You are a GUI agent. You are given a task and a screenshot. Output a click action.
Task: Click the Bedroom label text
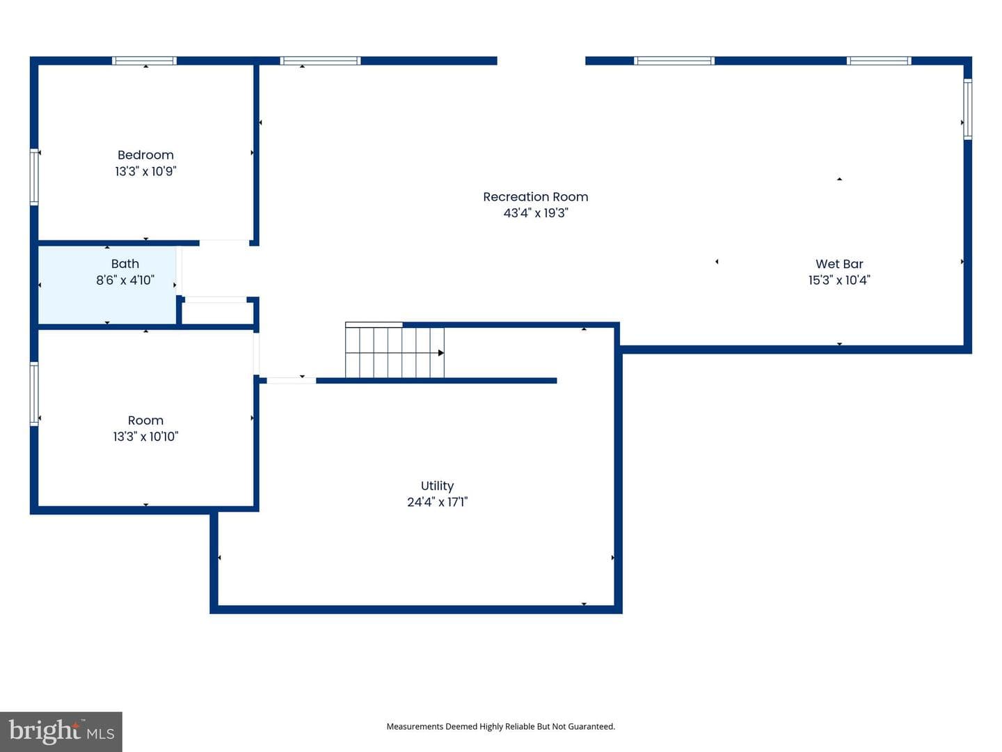145,155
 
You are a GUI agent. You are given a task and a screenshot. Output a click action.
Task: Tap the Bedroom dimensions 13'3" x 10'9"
145,171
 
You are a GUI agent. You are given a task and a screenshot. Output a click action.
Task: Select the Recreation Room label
536,197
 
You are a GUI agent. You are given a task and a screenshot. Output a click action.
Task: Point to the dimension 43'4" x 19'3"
536,213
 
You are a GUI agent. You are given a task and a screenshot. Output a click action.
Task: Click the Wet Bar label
839,264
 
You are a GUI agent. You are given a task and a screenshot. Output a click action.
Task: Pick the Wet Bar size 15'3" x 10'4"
839,280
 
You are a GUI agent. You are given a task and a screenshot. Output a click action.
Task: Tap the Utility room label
437,486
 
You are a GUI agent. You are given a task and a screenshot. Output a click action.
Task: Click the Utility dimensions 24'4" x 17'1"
437,502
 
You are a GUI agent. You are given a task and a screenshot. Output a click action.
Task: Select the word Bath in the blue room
125,264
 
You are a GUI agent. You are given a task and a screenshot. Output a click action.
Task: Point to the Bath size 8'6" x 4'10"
125,280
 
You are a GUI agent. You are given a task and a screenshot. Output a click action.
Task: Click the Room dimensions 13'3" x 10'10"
145,437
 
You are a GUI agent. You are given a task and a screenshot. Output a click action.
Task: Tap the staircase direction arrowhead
441,353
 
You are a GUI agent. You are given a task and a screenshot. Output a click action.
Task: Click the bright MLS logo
61,731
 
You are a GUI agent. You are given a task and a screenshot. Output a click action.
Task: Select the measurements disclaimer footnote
501,726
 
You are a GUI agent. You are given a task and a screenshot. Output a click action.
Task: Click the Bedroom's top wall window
144,61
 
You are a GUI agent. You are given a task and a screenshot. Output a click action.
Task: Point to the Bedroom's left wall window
34,177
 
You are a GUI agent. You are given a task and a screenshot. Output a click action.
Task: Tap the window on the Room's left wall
34,394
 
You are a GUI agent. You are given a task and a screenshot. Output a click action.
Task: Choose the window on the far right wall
968,109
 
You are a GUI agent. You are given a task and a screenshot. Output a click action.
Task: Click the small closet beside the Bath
217,313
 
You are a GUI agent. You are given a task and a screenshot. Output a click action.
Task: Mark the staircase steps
395,352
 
